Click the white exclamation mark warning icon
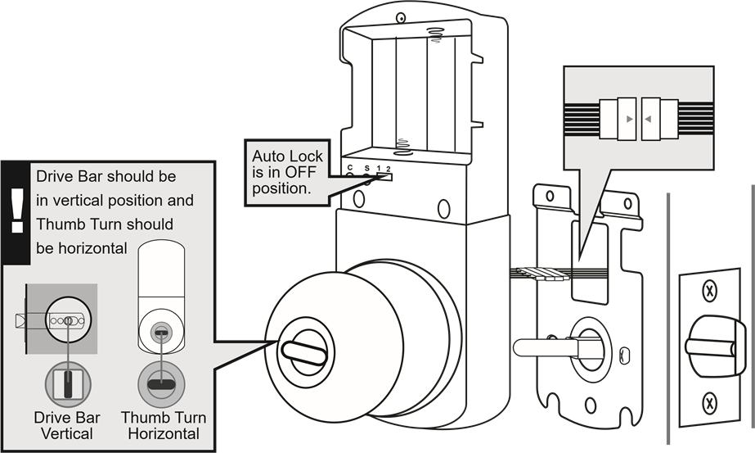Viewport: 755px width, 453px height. click(16, 209)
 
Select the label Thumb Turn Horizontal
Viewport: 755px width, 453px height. click(164, 425)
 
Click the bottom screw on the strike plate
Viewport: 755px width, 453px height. click(710, 402)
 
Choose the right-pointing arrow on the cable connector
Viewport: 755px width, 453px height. click(627, 120)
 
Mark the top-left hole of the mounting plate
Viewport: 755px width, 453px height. click(551, 196)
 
